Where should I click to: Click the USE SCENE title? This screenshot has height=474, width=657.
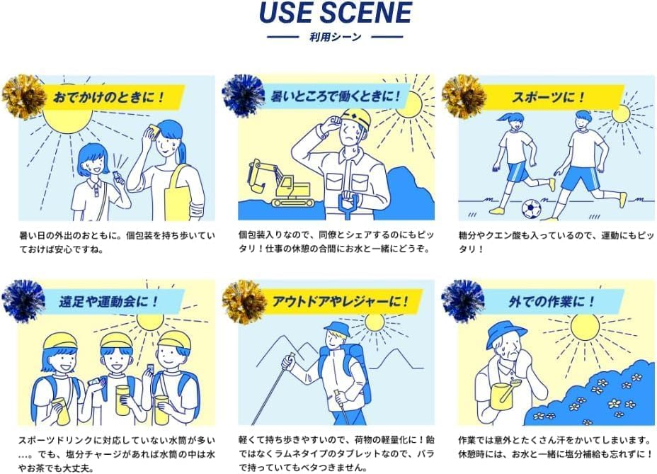point(336,12)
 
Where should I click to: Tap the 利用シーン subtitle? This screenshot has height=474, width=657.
point(335,37)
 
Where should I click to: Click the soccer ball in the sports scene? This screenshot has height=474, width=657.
point(531,208)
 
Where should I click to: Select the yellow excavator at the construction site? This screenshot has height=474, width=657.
point(281,184)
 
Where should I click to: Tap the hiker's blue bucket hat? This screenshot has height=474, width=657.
point(337,329)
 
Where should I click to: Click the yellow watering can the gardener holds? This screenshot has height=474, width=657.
point(505,396)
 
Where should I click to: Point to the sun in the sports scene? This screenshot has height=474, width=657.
point(621,113)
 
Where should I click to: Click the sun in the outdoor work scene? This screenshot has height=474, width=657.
point(585,327)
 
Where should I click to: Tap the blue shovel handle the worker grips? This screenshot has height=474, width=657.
point(348,203)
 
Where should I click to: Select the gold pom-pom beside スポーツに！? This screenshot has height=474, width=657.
point(463,96)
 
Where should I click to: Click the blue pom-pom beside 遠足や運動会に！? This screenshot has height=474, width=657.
point(23,300)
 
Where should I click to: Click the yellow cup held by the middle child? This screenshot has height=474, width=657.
point(122,400)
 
